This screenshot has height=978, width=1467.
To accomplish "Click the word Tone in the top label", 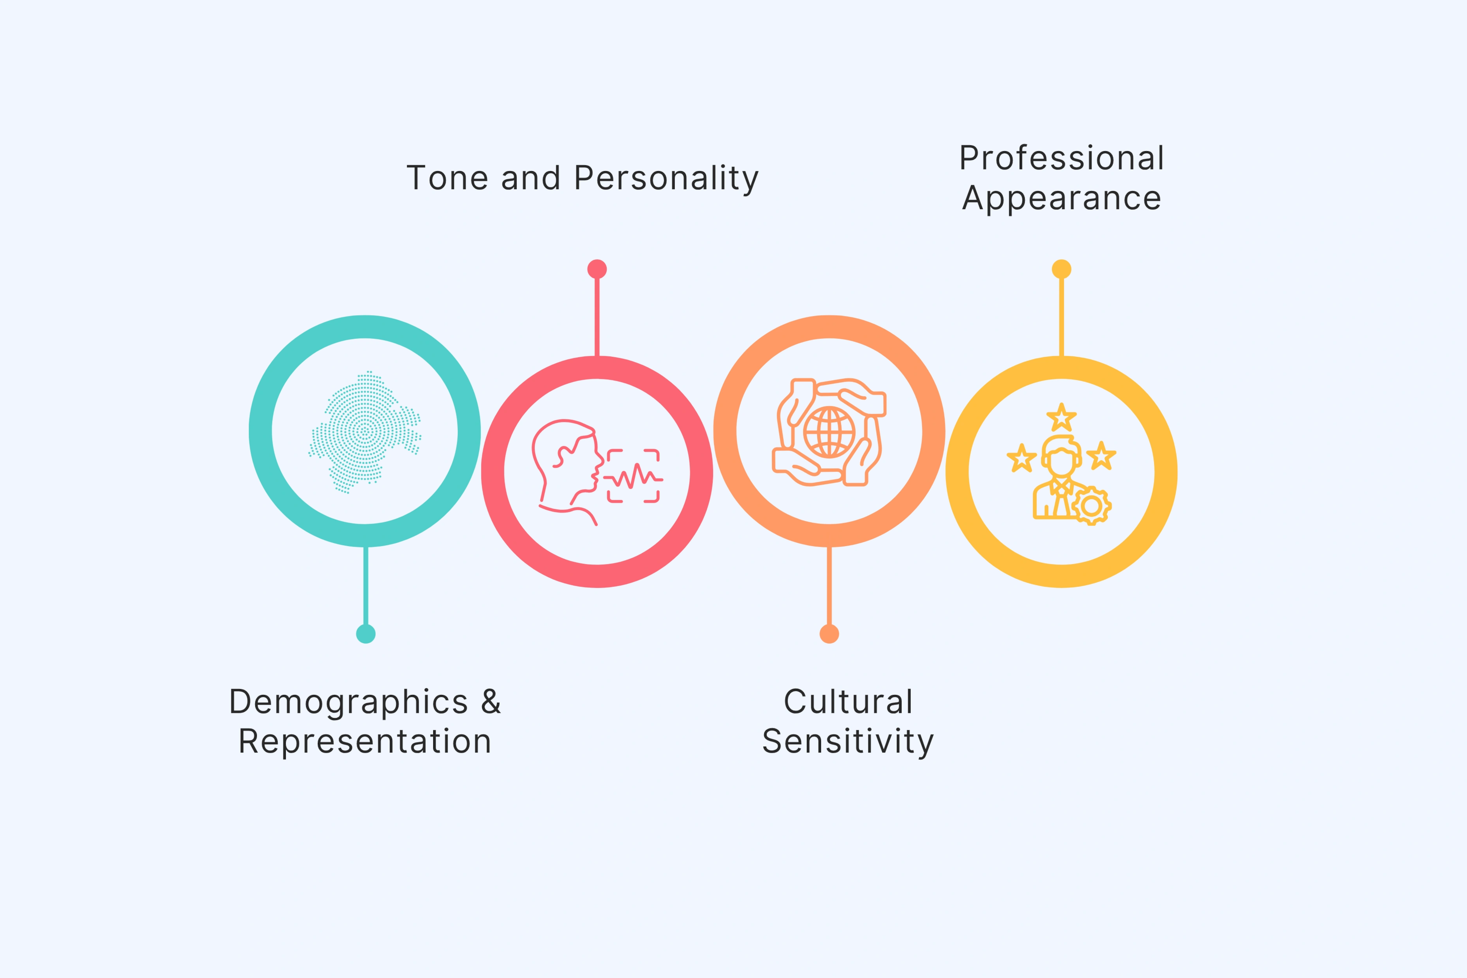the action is point(446,178).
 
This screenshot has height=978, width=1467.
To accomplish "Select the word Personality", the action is point(666,178).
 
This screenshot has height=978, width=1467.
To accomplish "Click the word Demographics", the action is point(349,702).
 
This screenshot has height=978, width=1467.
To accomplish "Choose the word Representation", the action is point(365,742).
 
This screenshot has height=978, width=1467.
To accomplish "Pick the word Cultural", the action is point(848,702).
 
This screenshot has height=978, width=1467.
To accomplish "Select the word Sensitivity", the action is point(848,742).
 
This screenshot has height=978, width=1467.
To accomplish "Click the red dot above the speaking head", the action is point(597,269).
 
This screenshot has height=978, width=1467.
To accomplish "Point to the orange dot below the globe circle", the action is point(829,634).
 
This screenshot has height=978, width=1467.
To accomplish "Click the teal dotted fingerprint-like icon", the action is point(365,431).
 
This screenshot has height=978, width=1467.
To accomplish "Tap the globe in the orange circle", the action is point(829,432).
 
